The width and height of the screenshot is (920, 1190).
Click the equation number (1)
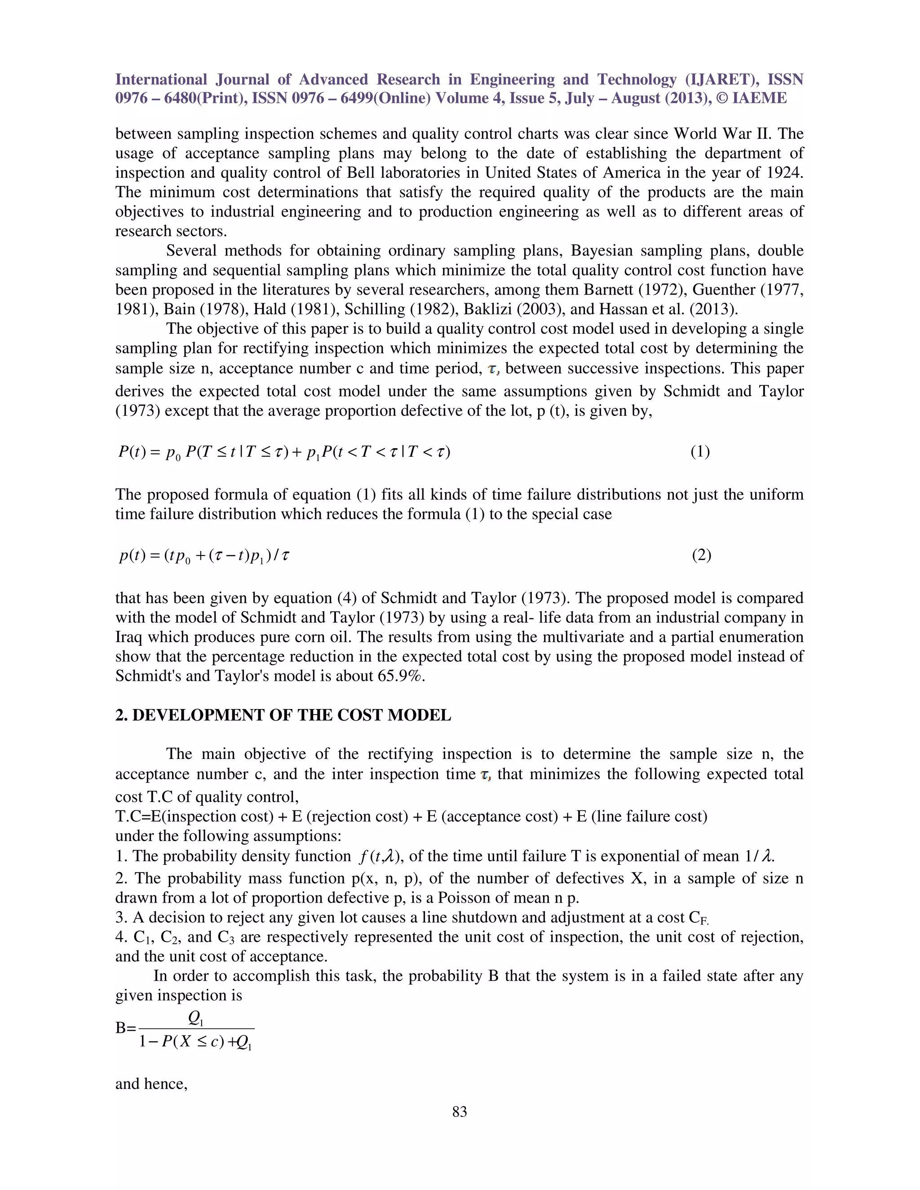pyautogui.click(x=700, y=451)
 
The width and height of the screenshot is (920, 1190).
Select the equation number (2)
pyautogui.click(x=701, y=555)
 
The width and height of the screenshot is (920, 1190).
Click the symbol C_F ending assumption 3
pyautogui.click(x=698, y=918)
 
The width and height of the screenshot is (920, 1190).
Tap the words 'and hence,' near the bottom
pyautogui.click(x=151, y=1084)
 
